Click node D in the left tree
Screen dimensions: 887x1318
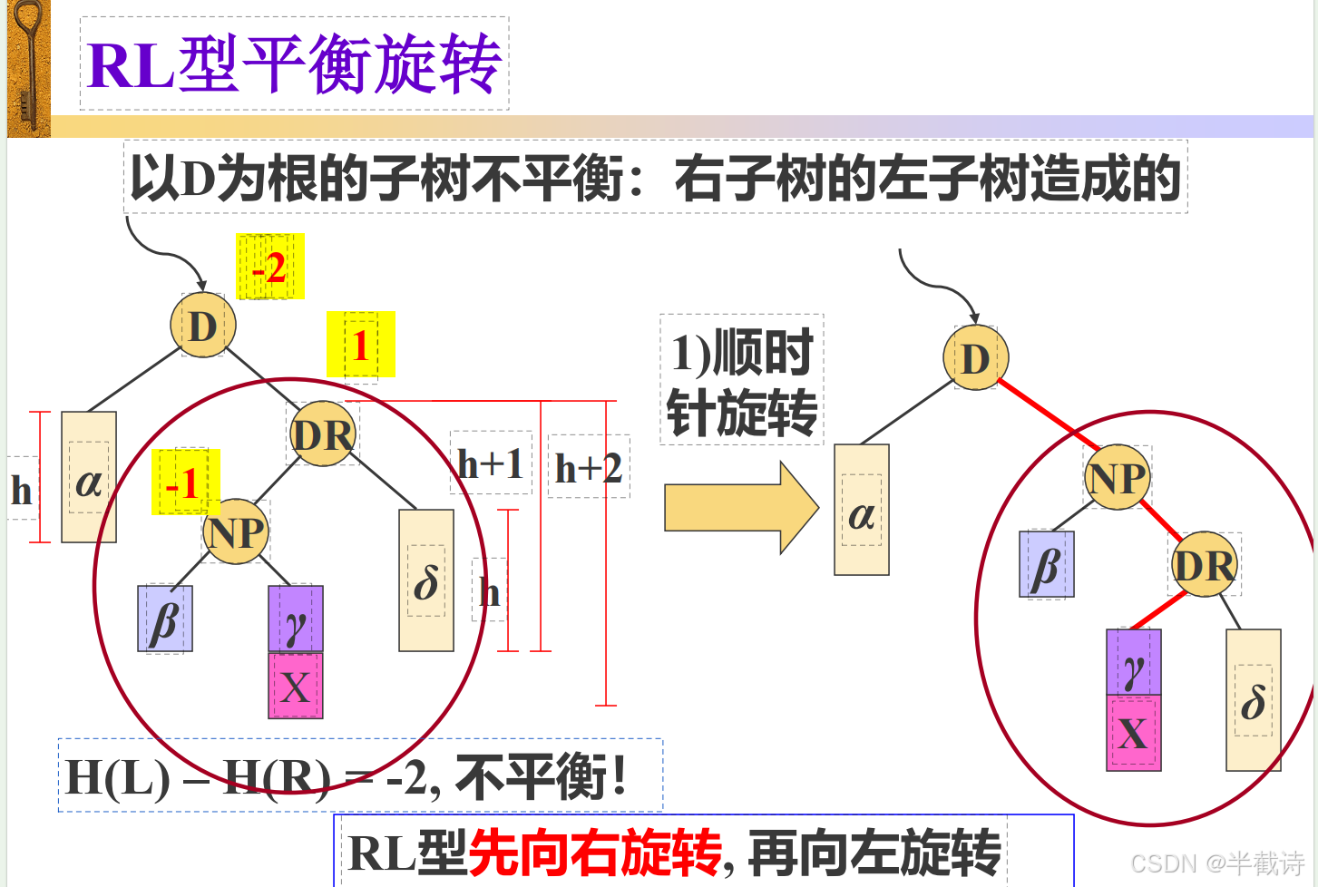pyautogui.click(x=203, y=325)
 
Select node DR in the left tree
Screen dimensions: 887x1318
pyautogui.click(x=323, y=434)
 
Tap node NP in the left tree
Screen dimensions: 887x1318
pyautogui.click(x=236, y=531)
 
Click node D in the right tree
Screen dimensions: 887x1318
pyautogui.click(x=975, y=358)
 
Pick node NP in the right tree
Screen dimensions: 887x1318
pyautogui.click(x=1118, y=477)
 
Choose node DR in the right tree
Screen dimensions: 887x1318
pyautogui.click(x=1205, y=565)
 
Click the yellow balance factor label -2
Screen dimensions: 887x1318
pyautogui.click(x=269, y=267)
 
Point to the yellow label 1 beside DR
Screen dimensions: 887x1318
pyautogui.click(x=360, y=345)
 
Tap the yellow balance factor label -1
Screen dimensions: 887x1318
pyautogui.click(x=185, y=482)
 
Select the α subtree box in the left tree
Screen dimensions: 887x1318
pyautogui.click(x=89, y=478)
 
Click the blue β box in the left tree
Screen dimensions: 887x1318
pyautogui.click(x=165, y=619)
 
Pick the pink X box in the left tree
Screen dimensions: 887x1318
pyautogui.click(x=296, y=686)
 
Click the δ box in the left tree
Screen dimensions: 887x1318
pyautogui.click(x=426, y=580)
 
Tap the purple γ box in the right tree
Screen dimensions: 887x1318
pyautogui.click(x=1134, y=663)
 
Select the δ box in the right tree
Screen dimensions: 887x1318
pyautogui.click(x=1254, y=700)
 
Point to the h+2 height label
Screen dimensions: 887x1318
pyautogui.click(x=589, y=468)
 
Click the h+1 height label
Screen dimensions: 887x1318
pyautogui.click(x=491, y=463)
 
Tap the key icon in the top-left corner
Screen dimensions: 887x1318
pyautogui.click(x=28, y=68)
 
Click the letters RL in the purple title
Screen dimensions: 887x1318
pyautogui.click(x=132, y=66)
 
